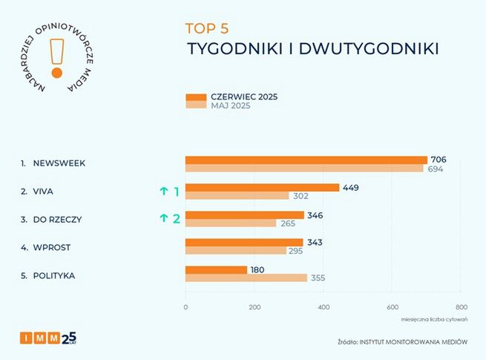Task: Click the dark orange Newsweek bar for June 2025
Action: [x=306, y=160]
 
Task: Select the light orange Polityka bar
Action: [x=246, y=278]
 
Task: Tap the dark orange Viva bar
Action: [x=262, y=187]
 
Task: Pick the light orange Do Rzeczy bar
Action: [x=230, y=223]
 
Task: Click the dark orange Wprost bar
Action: [x=243, y=242]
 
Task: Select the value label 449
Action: [x=350, y=187]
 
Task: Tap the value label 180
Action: [x=258, y=269]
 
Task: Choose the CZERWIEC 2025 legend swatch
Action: [x=195, y=96]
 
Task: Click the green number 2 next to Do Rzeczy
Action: [x=177, y=218]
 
